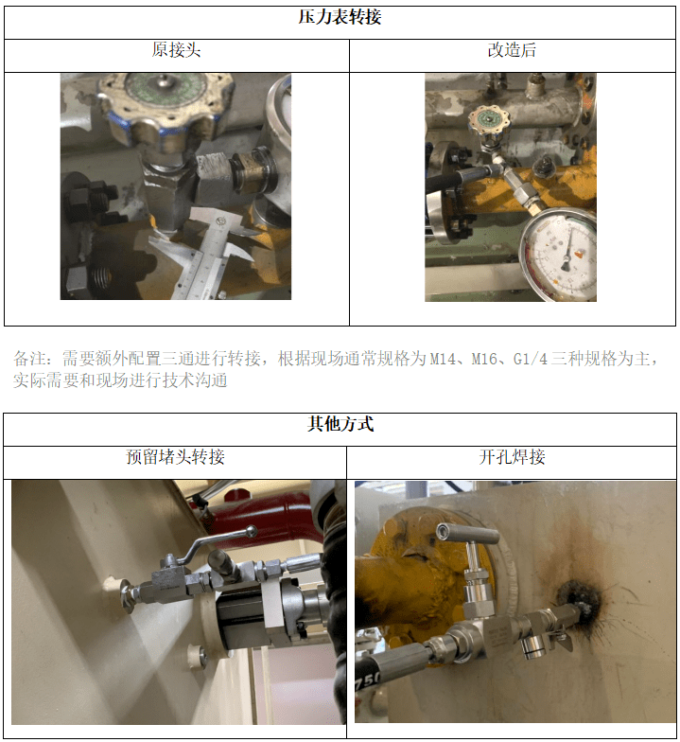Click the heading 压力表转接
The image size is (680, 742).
tap(340, 17)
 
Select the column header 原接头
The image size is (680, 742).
tap(176, 50)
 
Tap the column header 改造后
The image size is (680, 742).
tap(512, 50)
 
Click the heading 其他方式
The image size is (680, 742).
tap(340, 424)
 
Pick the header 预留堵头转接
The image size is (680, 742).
tap(175, 457)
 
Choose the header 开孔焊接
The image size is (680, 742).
tap(512, 457)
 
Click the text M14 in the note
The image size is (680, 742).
tap(441, 360)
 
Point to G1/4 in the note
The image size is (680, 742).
tap(530, 360)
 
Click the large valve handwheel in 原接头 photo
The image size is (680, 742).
tap(166, 102)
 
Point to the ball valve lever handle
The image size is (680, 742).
tap(218, 543)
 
